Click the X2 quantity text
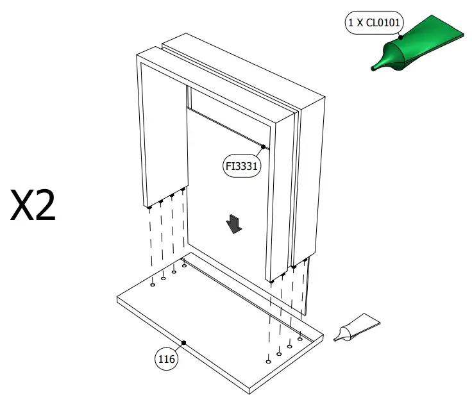tap(33, 205)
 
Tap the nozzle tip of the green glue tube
tap(375, 67)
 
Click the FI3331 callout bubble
tap(241, 166)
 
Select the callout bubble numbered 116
tap(167, 360)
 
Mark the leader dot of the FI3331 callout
tap(263, 147)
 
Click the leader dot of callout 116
tap(183, 343)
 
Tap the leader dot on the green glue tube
tap(401, 37)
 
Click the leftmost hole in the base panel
tap(153, 285)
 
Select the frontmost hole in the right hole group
tap(268, 361)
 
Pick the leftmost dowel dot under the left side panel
tap(149, 207)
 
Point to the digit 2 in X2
tap(44, 205)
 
